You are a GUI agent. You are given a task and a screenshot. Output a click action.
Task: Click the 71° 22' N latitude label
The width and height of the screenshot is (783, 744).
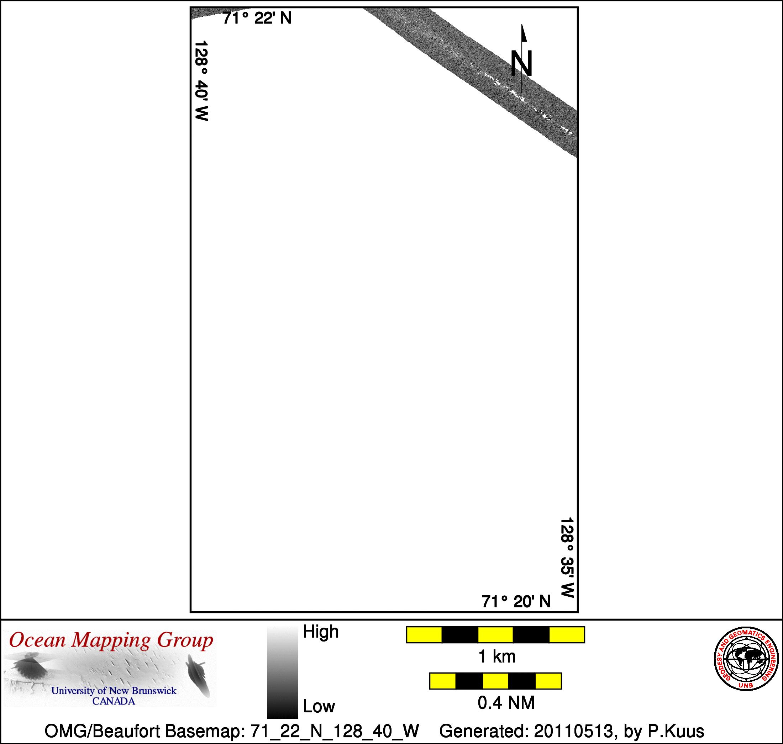[257, 18]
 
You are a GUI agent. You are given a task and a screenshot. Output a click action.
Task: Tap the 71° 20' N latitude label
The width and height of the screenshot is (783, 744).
[516, 602]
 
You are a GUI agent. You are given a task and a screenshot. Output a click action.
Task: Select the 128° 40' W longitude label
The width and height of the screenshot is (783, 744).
[201, 80]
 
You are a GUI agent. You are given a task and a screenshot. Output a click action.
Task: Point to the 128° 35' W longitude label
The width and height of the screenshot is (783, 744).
[567, 557]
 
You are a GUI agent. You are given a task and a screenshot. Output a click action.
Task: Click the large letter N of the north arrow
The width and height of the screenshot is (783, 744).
[521, 63]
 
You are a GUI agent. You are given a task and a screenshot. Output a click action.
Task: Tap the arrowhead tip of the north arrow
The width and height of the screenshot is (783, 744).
[522, 25]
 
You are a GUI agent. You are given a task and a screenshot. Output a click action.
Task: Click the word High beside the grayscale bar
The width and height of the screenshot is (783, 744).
[321, 631]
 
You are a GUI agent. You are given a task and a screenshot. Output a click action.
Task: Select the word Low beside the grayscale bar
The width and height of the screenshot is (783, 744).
[319, 706]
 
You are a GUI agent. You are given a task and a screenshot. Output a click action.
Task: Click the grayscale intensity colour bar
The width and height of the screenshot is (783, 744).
[283, 672]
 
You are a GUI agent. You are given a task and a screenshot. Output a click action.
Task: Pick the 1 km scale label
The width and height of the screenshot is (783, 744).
[497, 656]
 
